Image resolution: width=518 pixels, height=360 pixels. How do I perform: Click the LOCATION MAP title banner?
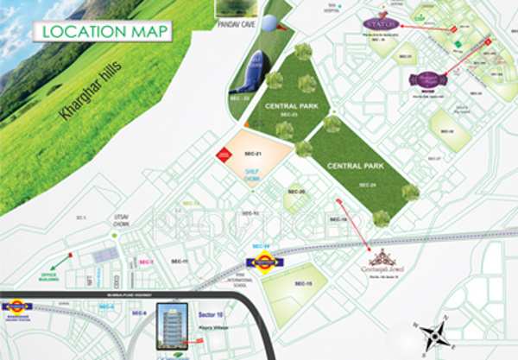[x=103, y=31]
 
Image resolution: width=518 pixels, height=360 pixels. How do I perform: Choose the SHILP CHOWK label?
[x=254, y=175]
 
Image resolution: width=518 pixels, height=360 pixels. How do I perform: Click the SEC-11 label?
[x=180, y=260]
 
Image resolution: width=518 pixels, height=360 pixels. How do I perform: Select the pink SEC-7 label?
[x=145, y=262]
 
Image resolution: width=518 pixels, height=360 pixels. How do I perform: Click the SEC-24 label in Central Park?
[x=367, y=185]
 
